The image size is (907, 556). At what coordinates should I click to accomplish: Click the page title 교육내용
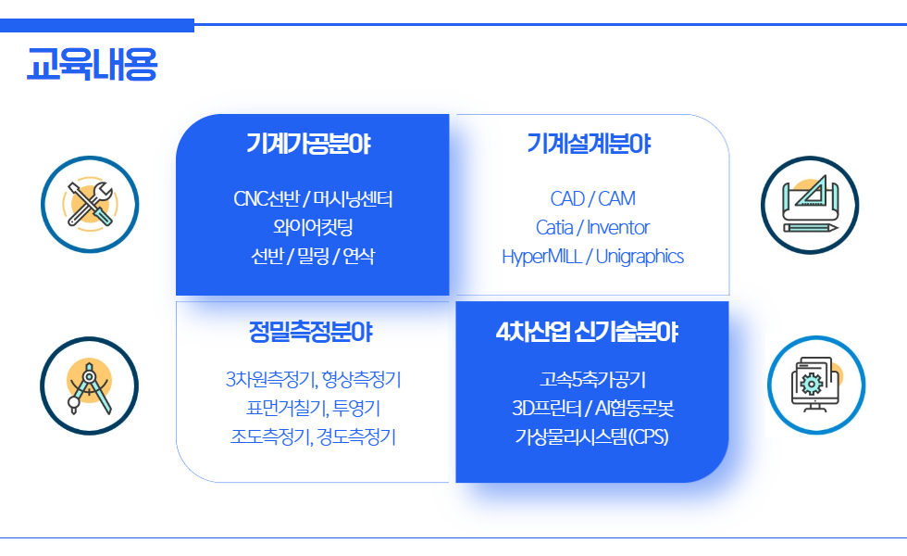[92, 64]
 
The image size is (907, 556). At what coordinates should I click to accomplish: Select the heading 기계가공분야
[308, 144]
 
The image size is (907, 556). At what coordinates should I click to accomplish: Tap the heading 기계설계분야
[589, 144]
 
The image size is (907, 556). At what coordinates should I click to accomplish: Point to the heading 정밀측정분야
[311, 332]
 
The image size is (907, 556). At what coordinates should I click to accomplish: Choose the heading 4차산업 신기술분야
[587, 332]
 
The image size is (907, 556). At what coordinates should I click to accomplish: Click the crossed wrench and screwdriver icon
[90, 205]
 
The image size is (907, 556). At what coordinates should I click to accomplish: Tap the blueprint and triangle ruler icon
[810, 205]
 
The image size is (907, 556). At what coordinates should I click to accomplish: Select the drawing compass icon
[89, 385]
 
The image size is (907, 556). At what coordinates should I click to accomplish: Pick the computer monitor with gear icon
[816, 385]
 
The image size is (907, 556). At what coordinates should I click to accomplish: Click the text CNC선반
[267, 198]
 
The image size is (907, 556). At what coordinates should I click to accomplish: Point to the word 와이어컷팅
[313, 227]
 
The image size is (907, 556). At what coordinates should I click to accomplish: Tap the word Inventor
[618, 228]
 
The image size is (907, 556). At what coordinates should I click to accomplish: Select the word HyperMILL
[542, 257]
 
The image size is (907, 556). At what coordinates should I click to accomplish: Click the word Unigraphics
[640, 257]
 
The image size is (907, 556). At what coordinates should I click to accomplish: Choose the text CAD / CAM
[593, 198]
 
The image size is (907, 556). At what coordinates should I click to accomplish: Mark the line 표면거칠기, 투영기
[313, 409]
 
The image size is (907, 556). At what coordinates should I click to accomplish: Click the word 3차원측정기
[270, 379]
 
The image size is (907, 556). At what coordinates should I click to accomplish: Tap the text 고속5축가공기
[593, 379]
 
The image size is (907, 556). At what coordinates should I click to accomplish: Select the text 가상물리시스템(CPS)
[591, 436]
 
